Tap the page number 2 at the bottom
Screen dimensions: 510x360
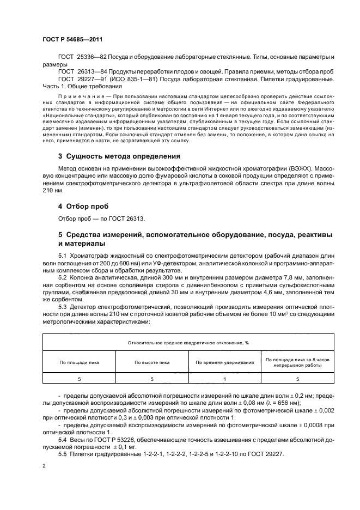pos(44,466)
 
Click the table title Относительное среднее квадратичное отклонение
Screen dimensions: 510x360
pos(188,343)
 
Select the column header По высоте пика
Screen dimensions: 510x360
pos(152,362)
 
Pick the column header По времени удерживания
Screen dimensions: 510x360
pos(224,362)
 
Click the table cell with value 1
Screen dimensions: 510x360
pos(224,378)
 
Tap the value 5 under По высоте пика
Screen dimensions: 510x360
pos(152,378)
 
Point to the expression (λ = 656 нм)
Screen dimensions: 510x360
pos(277,403)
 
